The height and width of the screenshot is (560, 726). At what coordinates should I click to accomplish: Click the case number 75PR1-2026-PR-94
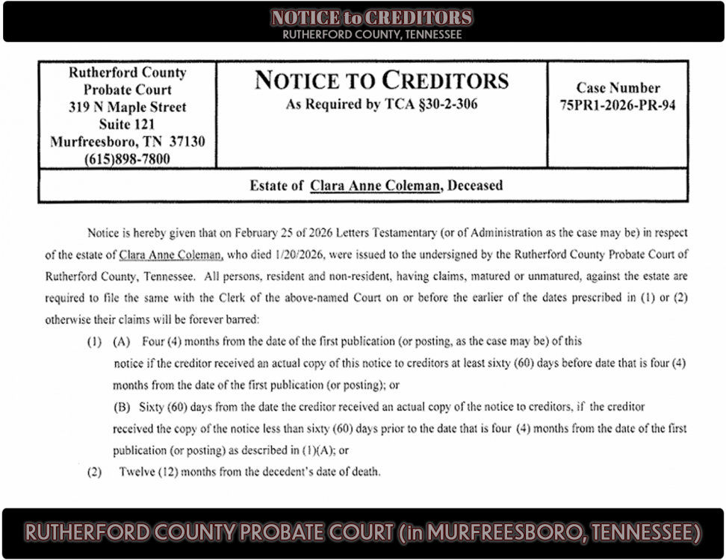618,106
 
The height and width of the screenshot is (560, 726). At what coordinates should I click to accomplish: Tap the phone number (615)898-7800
127,159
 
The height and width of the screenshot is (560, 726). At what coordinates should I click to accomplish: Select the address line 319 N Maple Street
127,108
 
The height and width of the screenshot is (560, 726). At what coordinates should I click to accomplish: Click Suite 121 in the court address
127,124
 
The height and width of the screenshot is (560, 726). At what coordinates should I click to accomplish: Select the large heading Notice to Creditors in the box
381,81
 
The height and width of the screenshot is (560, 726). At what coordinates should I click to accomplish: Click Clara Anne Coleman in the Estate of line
375,185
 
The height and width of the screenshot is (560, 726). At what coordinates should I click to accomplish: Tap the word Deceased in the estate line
474,185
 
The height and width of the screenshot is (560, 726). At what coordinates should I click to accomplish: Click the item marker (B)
122,407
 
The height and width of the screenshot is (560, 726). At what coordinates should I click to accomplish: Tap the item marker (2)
94,472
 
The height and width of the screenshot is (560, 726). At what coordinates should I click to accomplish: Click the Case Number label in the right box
618,88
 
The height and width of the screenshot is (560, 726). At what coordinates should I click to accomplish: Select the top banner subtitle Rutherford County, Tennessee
372,34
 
